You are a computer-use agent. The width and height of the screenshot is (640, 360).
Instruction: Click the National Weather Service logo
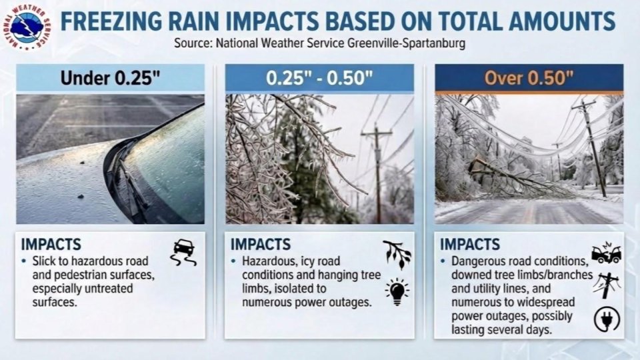coord(27,27)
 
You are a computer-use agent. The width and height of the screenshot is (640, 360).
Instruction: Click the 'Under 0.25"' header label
coord(110,78)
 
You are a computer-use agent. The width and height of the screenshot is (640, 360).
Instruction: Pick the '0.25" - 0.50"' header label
coord(319,78)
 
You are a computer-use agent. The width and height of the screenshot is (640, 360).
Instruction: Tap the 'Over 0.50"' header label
coord(529,78)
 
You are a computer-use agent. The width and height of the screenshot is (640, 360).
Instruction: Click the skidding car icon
coord(183,252)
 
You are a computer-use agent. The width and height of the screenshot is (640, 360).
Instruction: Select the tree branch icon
coord(397,254)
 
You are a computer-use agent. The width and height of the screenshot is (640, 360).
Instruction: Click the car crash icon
coord(606,253)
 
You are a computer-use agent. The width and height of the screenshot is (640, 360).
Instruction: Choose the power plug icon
coord(606,319)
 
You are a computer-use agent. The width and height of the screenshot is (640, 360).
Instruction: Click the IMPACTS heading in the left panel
coord(51,244)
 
